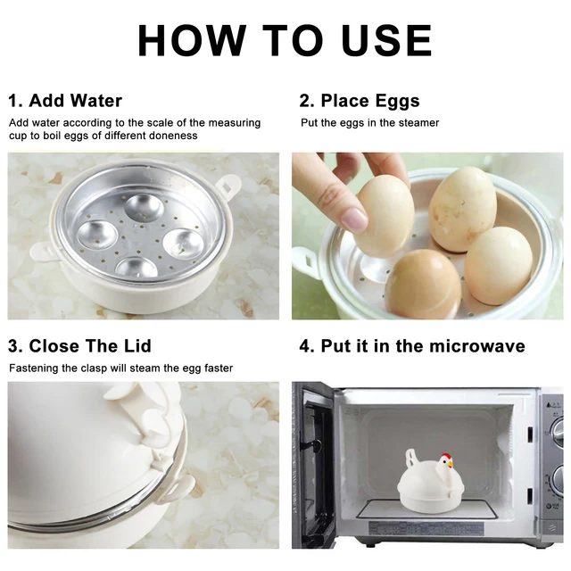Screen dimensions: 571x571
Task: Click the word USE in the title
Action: tap(386, 40)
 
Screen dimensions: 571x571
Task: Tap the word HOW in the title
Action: tap(192, 40)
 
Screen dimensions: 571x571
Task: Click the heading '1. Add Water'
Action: tap(65, 101)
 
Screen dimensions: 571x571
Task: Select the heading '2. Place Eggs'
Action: tap(360, 101)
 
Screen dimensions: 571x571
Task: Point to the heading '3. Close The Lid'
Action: tap(79, 346)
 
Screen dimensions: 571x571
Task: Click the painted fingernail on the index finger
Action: tap(354, 219)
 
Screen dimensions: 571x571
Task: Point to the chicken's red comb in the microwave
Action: tap(446, 457)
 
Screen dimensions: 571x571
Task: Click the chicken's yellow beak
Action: tap(451, 464)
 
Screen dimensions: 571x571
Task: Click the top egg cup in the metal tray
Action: tap(145, 208)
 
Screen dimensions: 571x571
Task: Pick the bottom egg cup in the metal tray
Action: tap(137, 268)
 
